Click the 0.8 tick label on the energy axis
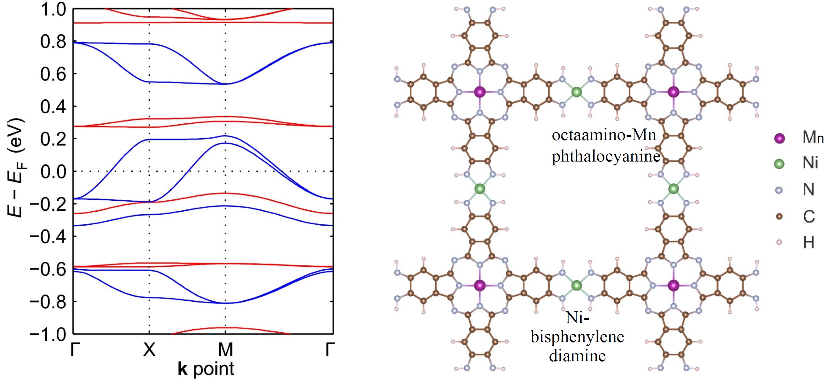(x=53, y=42)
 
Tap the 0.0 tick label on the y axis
(x=53, y=172)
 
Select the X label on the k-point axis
(x=149, y=350)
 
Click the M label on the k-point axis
(x=225, y=350)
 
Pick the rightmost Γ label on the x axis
(x=330, y=350)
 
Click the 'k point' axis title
(x=206, y=369)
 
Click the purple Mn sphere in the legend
(x=779, y=138)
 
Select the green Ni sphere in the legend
(x=779, y=164)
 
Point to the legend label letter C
(x=809, y=216)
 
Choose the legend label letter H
(x=809, y=242)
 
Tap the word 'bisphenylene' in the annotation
(x=577, y=337)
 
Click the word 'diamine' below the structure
(x=577, y=356)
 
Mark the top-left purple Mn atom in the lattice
(x=480, y=92)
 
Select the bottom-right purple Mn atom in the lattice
(x=674, y=285)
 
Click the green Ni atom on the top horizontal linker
(x=576, y=92)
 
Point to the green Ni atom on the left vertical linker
(x=480, y=189)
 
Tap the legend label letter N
(x=809, y=190)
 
